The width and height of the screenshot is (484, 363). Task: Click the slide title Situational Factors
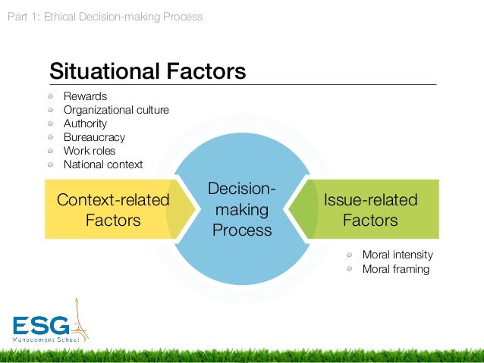click(x=147, y=71)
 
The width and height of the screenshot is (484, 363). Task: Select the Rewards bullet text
click(x=85, y=96)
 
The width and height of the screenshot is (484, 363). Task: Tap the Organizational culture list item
click(x=116, y=110)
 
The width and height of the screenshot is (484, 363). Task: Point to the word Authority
click(x=85, y=124)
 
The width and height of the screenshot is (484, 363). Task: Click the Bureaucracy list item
click(x=94, y=137)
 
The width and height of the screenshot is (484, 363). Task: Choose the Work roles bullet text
click(x=90, y=151)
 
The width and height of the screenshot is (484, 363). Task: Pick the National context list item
click(x=103, y=164)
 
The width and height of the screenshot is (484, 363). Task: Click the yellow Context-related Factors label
click(x=113, y=210)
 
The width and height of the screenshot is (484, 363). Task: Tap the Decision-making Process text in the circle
click(x=241, y=209)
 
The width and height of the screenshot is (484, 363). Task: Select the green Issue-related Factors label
click(x=370, y=210)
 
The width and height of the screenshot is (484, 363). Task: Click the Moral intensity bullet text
click(x=398, y=255)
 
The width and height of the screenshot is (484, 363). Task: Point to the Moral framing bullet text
click(x=396, y=269)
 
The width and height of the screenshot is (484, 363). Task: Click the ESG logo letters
click(x=42, y=326)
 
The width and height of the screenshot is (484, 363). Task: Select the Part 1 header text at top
click(x=105, y=16)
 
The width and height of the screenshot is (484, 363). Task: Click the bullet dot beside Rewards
click(x=50, y=96)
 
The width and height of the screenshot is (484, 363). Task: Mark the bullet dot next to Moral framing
click(x=350, y=269)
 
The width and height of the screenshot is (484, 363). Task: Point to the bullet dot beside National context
click(x=50, y=164)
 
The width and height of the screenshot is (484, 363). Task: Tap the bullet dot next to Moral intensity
click(x=350, y=255)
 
